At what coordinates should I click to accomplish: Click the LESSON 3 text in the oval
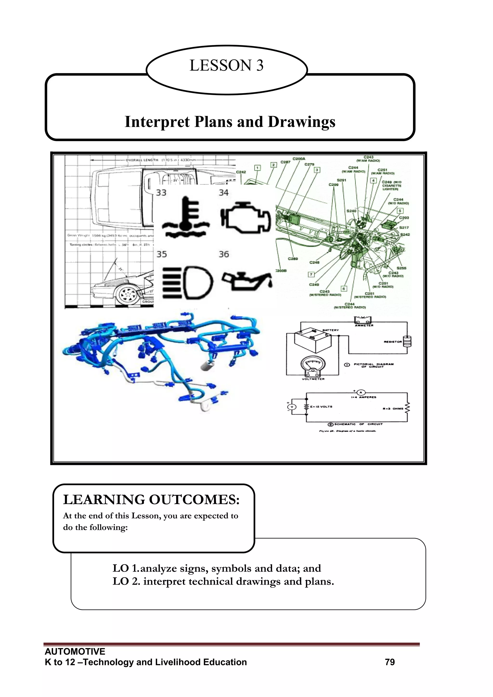[x=227, y=65]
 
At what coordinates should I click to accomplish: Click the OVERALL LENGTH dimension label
[x=142, y=160]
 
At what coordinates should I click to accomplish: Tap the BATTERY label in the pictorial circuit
[x=330, y=330]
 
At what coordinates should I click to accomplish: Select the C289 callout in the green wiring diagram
[x=293, y=259]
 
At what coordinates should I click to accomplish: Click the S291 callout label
[x=342, y=180]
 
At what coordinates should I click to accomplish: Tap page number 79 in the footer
[x=390, y=662]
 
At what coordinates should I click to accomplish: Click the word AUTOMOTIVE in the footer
[x=75, y=651]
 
